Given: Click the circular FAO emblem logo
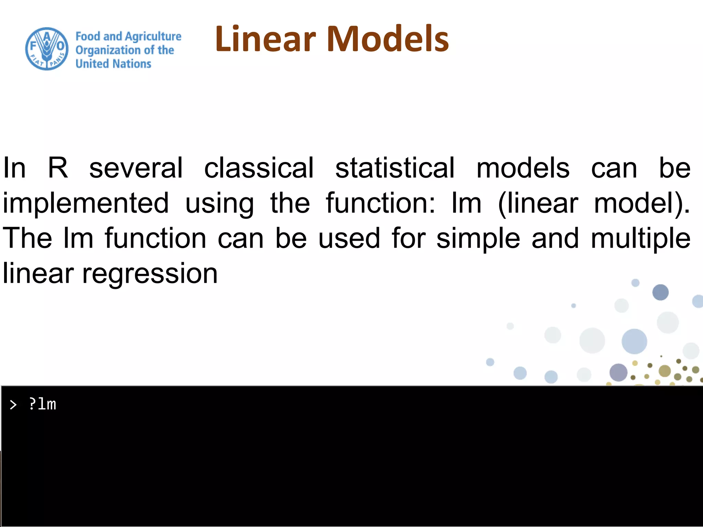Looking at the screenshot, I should point(47,49).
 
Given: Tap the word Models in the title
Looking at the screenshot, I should point(388,39).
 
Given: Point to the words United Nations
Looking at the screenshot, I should point(113,64).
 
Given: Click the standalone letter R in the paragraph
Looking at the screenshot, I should point(58,168).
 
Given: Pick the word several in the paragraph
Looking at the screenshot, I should point(136,168).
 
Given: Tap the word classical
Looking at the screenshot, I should point(259,168).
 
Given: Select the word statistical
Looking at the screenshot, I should point(395,168).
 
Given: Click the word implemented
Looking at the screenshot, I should point(86,203).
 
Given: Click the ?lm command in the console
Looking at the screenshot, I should point(43,404).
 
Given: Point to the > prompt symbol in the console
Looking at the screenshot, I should point(13,405).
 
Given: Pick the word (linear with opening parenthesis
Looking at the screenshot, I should point(538,203).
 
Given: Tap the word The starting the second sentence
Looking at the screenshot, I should point(27,238).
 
